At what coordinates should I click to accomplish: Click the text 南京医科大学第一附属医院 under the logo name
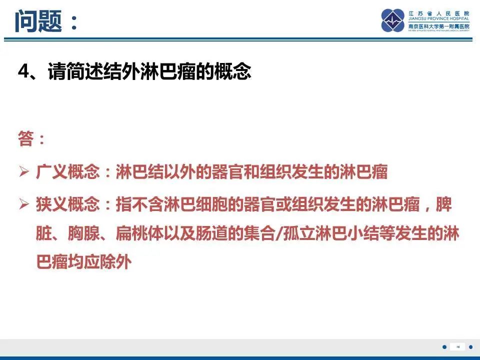[x=438, y=26]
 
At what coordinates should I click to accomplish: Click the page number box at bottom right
[x=457, y=347]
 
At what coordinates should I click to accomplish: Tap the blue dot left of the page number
[x=444, y=347]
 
